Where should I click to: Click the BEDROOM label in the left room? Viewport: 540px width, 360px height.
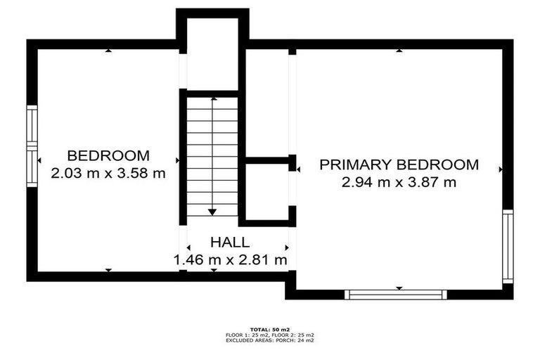coord(108,155)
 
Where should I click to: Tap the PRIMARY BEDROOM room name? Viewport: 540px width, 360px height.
coord(399,165)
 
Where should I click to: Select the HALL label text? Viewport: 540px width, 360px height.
coord(230,242)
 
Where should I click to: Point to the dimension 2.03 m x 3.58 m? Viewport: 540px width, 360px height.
coord(108,173)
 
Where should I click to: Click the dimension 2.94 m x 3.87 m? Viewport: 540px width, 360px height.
coord(399,182)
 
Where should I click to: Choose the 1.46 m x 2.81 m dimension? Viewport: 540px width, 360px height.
coord(230,259)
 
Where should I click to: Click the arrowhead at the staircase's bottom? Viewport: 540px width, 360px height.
coord(212,212)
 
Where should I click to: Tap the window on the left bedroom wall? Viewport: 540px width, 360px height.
coord(32,146)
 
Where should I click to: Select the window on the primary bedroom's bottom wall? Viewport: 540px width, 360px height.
coord(396,295)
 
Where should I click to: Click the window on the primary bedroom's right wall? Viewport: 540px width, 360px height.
coord(508,246)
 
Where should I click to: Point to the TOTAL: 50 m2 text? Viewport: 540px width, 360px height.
coord(270,330)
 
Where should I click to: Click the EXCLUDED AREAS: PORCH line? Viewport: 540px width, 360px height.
coord(270,340)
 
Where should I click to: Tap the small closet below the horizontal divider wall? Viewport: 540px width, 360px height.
coord(267,191)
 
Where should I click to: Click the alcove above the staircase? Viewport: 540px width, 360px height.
coord(212,54)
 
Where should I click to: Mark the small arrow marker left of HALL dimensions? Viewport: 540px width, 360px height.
coord(188,247)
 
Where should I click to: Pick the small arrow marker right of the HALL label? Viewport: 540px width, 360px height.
coord(287,247)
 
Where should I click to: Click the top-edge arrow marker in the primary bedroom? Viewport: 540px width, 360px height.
coord(399,51)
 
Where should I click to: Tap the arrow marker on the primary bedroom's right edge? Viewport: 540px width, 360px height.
coord(501,169)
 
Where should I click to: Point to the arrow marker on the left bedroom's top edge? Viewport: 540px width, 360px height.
coord(108,51)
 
